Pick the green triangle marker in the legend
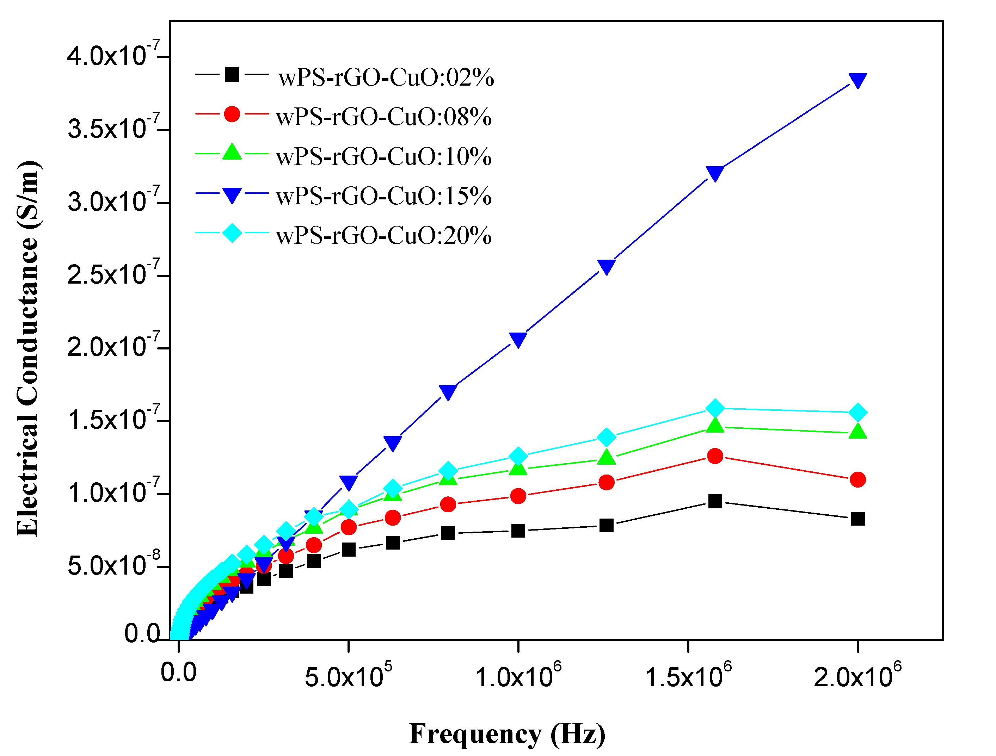pyautogui.click(x=232, y=152)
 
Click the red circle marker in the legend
pyautogui.click(x=232, y=114)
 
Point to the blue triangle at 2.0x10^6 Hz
pyautogui.click(x=858, y=81)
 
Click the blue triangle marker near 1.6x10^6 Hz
pyautogui.click(x=715, y=173)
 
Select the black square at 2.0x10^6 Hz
pyautogui.click(x=858, y=519)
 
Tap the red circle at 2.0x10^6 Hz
pyautogui.click(x=858, y=480)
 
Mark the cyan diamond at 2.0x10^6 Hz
pyautogui.click(x=858, y=412)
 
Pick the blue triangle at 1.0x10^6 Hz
pyautogui.click(x=518, y=340)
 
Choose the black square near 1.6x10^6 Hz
pyautogui.click(x=715, y=501)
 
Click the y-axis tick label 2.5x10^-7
pyautogui.click(x=112, y=274)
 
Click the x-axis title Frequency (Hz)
pyautogui.click(x=507, y=733)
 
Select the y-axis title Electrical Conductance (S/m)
pyautogui.click(x=28, y=348)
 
